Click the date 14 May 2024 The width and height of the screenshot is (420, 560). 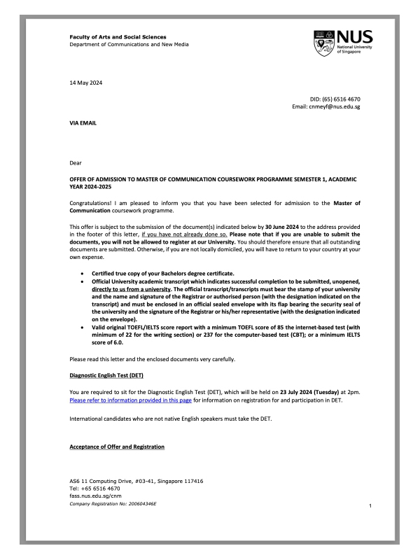(x=86, y=83)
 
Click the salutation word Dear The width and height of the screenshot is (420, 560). (x=76, y=162)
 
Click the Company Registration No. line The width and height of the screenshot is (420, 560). (x=112, y=503)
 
